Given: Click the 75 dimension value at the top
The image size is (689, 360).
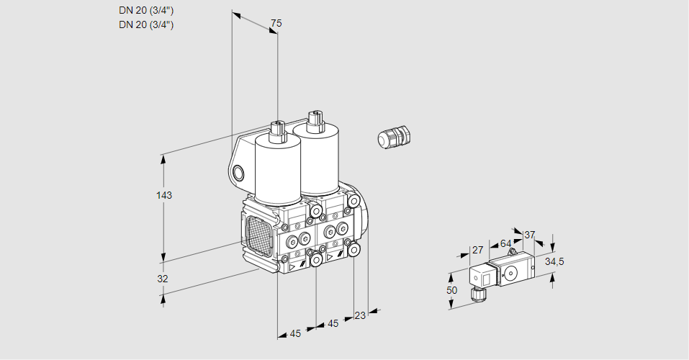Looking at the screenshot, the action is [x=276, y=23].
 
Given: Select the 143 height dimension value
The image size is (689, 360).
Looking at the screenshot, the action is [x=164, y=195].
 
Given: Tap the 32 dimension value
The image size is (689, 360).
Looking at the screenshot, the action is [x=163, y=279].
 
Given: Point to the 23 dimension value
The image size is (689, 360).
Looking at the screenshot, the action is [x=360, y=315].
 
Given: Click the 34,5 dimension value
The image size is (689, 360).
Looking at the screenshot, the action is [x=554, y=262].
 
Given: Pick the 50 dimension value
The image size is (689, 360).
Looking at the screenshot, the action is [x=451, y=290].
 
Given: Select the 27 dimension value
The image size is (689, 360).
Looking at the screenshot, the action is [x=477, y=250].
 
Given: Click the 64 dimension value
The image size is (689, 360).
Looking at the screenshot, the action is [x=505, y=243].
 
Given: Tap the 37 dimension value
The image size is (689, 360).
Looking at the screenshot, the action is [x=529, y=235].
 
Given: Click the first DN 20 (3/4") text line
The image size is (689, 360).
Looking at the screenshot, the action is [x=146, y=11].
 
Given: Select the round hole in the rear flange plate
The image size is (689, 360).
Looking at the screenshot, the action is [x=238, y=173].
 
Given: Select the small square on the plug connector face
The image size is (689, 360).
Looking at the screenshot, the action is [x=487, y=279].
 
